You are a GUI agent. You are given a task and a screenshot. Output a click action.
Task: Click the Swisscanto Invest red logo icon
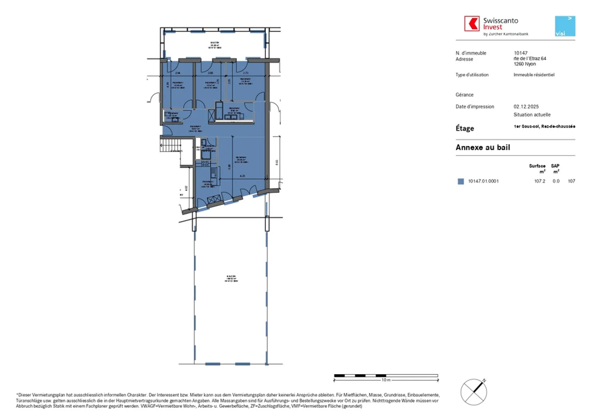472,24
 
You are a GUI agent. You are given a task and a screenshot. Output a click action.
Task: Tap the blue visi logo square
565,26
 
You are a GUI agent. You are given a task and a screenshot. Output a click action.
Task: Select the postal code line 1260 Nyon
525,64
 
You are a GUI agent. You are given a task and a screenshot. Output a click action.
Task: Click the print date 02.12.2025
526,107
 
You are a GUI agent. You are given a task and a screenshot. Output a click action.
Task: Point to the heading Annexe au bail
483,148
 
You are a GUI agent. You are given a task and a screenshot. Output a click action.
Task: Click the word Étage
465,128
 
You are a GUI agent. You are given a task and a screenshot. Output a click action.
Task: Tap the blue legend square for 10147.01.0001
460,181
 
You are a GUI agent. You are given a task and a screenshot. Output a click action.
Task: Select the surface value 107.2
539,181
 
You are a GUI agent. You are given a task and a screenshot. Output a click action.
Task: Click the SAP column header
555,166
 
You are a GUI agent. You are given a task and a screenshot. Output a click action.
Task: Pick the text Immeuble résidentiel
534,75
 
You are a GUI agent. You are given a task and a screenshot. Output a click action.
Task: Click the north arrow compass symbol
474,392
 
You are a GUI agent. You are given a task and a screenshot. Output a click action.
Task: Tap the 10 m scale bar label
386,380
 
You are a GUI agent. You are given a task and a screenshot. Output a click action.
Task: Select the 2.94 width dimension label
178,73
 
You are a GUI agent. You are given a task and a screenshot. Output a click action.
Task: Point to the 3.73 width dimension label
245,73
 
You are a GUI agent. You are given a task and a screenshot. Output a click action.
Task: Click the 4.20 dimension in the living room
242,176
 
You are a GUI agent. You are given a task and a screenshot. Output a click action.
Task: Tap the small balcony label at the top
215,45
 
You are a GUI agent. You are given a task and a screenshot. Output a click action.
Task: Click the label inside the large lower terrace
231,279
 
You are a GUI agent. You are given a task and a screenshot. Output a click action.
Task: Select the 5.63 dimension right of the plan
277,162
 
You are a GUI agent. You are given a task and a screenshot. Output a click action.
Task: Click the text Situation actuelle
532,115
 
